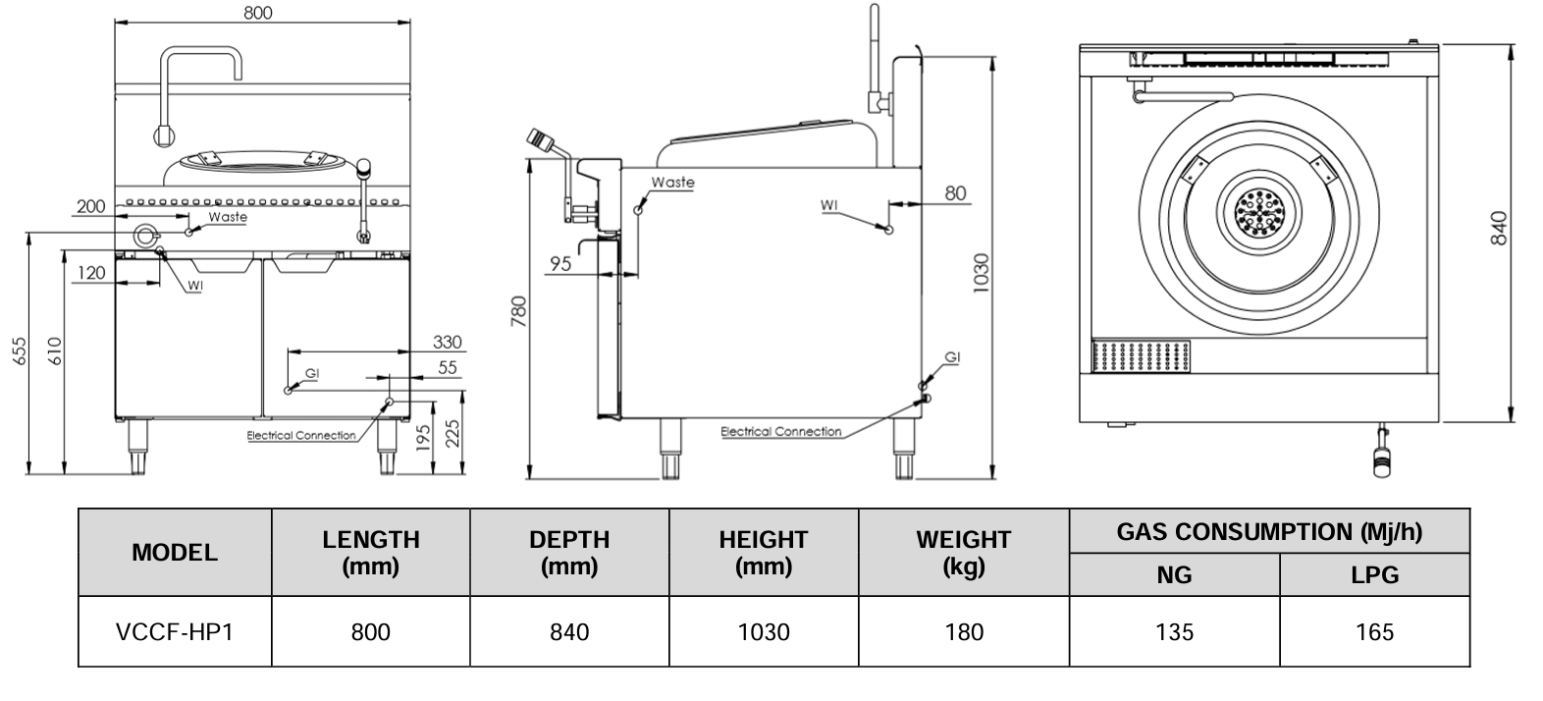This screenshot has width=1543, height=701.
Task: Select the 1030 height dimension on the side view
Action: click(x=981, y=272)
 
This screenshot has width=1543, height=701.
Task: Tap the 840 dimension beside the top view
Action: click(x=1498, y=229)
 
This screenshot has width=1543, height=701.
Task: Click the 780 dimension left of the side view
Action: click(x=519, y=311)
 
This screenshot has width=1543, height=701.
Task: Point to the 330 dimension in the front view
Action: click(x=447, y=342)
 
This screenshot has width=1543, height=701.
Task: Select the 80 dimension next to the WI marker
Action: click(x=955, y=193)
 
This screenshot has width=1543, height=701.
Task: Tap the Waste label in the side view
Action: click(x=672, y=183)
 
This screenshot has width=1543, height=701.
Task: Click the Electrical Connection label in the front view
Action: click(x=301, y=435)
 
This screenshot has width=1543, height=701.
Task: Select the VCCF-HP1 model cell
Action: click(x=175, y=631)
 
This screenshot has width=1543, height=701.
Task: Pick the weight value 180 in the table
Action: click(x=963, y=631)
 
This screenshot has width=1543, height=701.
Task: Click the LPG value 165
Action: click(x=1373, y=631)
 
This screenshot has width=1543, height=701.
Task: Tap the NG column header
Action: click(x=1174, y=574)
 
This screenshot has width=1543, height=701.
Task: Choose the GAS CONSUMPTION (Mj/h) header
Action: click(x=1268, y=531)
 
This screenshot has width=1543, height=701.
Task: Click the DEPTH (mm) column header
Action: click(x=569, y=552)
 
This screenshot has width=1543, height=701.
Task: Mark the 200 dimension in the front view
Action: click(x=90, y=206)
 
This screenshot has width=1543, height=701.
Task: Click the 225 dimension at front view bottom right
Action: click(x=452, y=432)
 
